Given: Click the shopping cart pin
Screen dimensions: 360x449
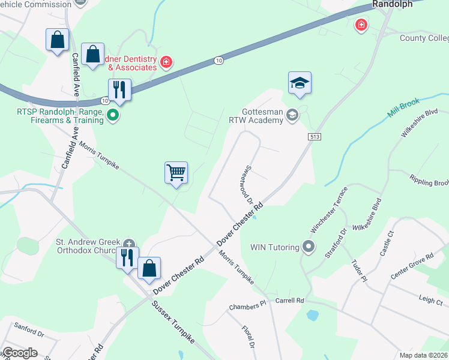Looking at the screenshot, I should pos(176,173).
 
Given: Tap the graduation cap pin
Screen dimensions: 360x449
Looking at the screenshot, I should pos(300,84).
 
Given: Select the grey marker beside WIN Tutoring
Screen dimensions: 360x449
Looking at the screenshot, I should pos(309,247).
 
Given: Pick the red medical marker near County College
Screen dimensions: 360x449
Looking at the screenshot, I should pos(361,25).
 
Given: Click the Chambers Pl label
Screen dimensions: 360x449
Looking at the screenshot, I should pos(247,307).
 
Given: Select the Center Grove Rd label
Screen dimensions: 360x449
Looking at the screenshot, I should pos(412,265).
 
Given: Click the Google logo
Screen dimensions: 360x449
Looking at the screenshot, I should pos(20,353).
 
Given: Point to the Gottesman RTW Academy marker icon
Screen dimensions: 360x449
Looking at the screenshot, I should pos(292,115).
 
